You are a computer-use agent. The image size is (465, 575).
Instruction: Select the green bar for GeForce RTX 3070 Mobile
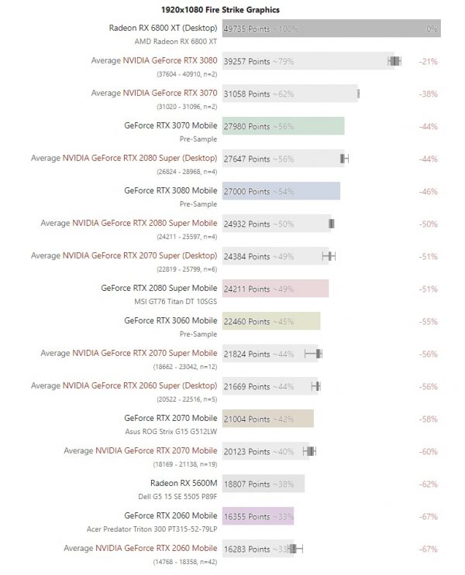[x=310, y=126]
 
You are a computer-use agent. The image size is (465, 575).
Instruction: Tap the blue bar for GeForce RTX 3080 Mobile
[x=310, y=191]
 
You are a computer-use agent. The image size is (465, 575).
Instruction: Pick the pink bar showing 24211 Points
[x=302, y=289]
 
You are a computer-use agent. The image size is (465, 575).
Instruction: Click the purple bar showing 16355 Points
[x=279, y=516]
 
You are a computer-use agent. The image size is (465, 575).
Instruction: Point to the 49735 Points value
[x=247, y=29]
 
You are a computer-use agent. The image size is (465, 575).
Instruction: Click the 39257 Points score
[x=247, y=61]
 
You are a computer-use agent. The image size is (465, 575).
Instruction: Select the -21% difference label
[x=428, y=61]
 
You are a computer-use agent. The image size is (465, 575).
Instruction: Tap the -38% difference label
[x=428, y=94]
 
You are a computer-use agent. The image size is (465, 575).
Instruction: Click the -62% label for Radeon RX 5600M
[x=428, y=484]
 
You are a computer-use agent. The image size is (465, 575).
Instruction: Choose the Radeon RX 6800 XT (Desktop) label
[x=163, y=27]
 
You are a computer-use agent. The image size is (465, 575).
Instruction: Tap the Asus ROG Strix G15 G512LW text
[x=170, y=431]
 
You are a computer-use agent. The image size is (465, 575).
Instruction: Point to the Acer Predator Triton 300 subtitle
[x=151, y=529]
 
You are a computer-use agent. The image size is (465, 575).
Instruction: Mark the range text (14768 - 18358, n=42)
[x=186, y=561]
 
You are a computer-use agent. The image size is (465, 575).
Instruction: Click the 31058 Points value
[x=247, y=94]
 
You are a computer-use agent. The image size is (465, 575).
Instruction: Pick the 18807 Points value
[x=247, y=484]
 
